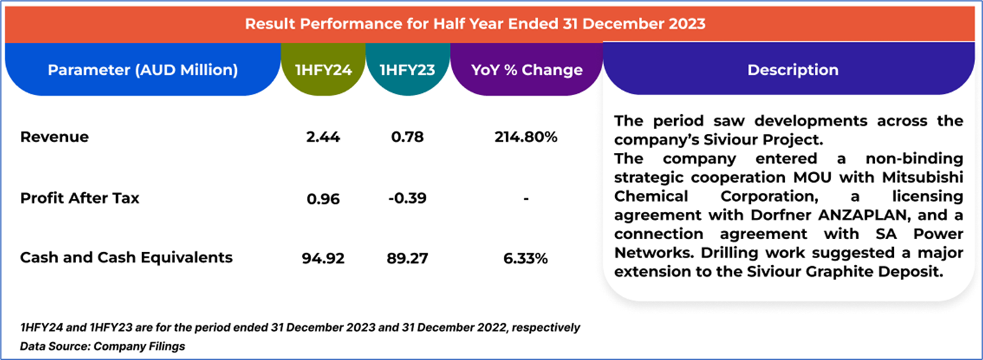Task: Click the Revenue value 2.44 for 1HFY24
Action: (322, 137)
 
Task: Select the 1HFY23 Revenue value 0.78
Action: (407, 137)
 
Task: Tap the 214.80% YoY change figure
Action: (526, 137)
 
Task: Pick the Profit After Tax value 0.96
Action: (322, 199)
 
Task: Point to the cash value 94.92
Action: (323, 259)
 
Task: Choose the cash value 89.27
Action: (407, 259)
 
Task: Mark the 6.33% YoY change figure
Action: (526, 259)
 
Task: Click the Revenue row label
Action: (54, 137)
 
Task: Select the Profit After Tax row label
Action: (80, 198)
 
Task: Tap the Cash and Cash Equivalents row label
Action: (126, 257)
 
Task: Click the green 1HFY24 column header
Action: (323, 70)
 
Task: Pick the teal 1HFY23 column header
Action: (407, 70)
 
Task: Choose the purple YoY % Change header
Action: (527, 70)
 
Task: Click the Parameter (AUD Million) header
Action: (143, 70)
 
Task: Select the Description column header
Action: (792, 70)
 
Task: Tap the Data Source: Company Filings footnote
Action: (103, 346)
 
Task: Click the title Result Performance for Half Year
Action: (475, 24)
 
